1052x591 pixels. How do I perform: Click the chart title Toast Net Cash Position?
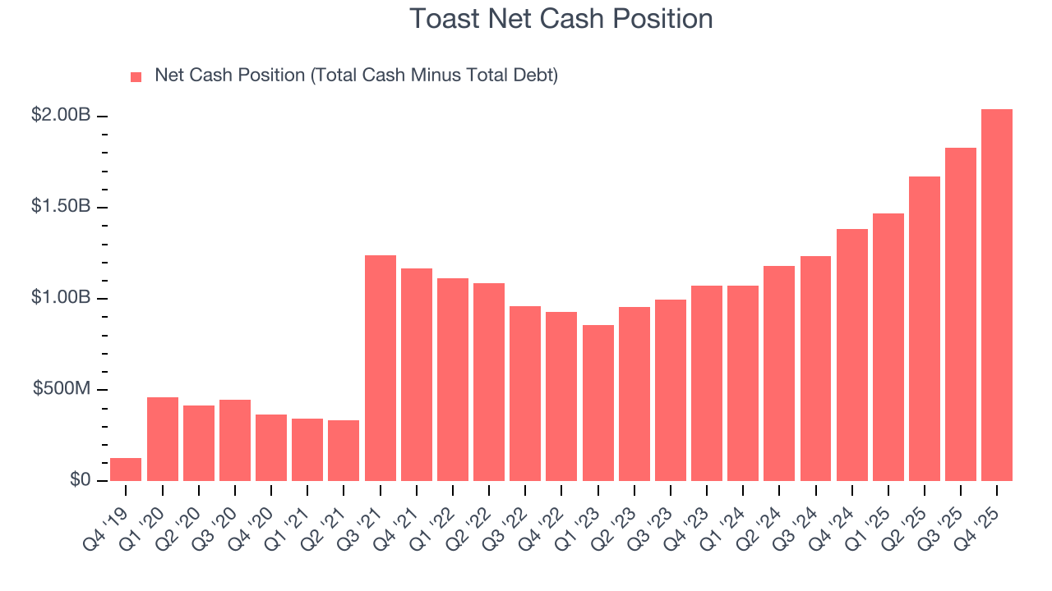pos(561,19)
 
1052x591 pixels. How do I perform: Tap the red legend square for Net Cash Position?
pos(136,76)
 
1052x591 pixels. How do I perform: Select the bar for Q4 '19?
pos(126,470)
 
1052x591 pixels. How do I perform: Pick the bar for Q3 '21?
pos(380,368)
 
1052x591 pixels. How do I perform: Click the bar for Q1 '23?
pos(598,403)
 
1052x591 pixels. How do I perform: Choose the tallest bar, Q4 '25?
pos(997,295)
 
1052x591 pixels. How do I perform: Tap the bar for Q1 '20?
pos(163,439)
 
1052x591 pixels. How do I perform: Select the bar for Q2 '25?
pos(925,328)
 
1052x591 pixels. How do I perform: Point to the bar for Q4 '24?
pos(851,355)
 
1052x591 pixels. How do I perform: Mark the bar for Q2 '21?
pos(344,451)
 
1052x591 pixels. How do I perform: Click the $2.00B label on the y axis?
pos(61,116)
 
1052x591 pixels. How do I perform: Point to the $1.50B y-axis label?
pos(61,207)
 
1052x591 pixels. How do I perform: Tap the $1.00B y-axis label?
pos(61,298)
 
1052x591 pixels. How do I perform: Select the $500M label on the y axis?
pos(62,389)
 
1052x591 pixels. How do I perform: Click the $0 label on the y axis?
pos(79,480)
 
